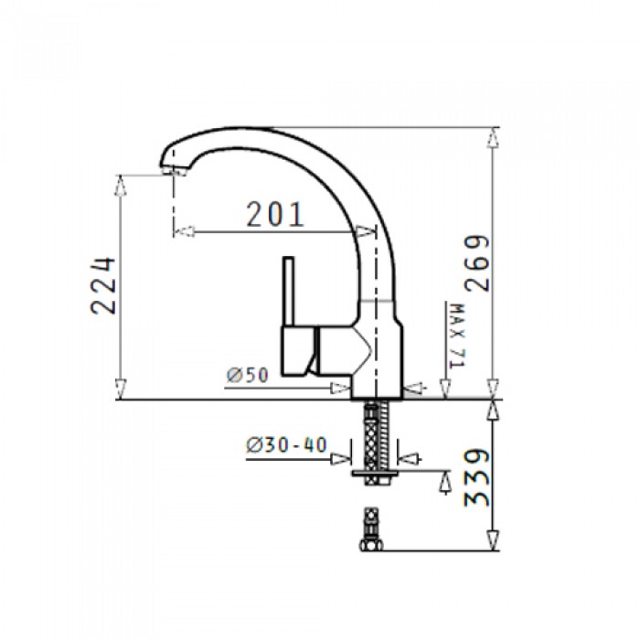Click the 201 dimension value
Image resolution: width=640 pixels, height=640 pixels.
(x=275, y=214)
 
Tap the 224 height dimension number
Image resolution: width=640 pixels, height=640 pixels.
(x=102, y=285)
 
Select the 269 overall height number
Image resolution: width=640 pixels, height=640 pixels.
(x=477, y=263)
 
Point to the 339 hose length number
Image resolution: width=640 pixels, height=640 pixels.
(x=477, y=477)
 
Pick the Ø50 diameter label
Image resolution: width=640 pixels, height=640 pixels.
(x=248, y=375)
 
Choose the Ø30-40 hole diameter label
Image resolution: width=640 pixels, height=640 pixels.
(x=286, y=445)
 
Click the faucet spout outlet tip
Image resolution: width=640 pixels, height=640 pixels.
(x=175, y=171)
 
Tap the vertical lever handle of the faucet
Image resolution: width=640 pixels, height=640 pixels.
(x=289, y=292)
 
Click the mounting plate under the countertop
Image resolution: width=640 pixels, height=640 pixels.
(x=375, y=473)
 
